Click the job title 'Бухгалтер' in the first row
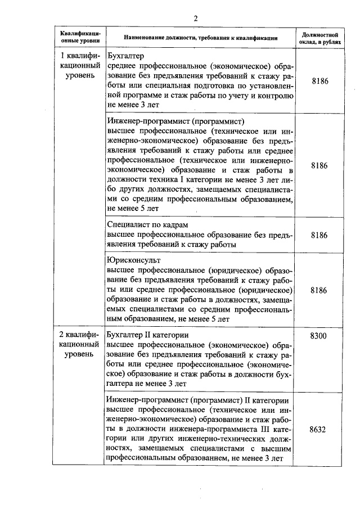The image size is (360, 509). (x=126, y=57)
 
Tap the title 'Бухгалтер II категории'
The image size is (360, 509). (x=147, y=336)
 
